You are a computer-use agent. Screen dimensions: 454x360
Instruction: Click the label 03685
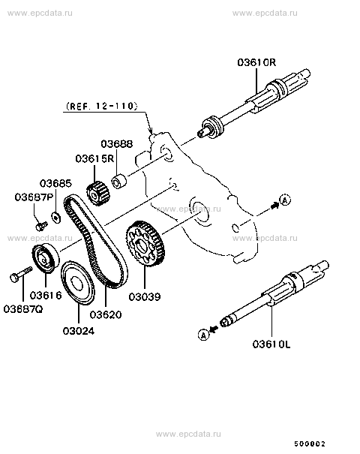(x=56, y=183)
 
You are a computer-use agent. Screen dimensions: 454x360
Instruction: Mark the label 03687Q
(x=23, y=308)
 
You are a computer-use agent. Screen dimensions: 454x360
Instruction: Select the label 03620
(x=106, y=315)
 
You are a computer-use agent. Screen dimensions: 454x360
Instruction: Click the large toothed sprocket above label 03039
(x=146, y=245)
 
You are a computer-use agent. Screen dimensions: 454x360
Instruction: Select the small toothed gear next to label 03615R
(x=97, y=193)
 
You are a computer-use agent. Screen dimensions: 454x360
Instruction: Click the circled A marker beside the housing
(x=284, y=199)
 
